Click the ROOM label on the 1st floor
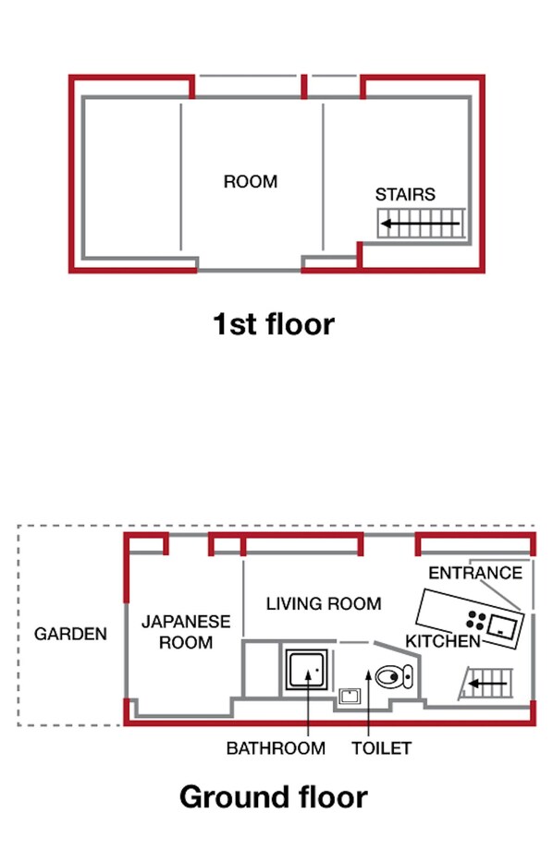click(x=251, y=181)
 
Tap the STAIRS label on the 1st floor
click(x=405, y=194)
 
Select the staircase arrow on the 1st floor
click(x=421, y=224)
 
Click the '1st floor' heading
click(x=274, y=323)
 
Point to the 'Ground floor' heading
click(x=274, y=797)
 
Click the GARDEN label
click(x=70, y=634)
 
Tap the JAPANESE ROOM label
click(x=186, y=632)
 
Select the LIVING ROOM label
click(x=324, y=603)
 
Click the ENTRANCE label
click(x=475, y=573)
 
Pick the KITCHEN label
click(x=443, y=641)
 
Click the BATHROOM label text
click(x=276, y=748)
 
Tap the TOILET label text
click(x=382, y=748)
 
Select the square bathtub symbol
click(x=307, y=670)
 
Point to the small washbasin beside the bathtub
click(x=350, y=696)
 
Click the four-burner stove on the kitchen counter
click(x=476, y=620)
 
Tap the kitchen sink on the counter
click(x=502, y=626)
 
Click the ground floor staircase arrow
click(x=488, y=684)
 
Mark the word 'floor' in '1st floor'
click(x=300, y=323)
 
